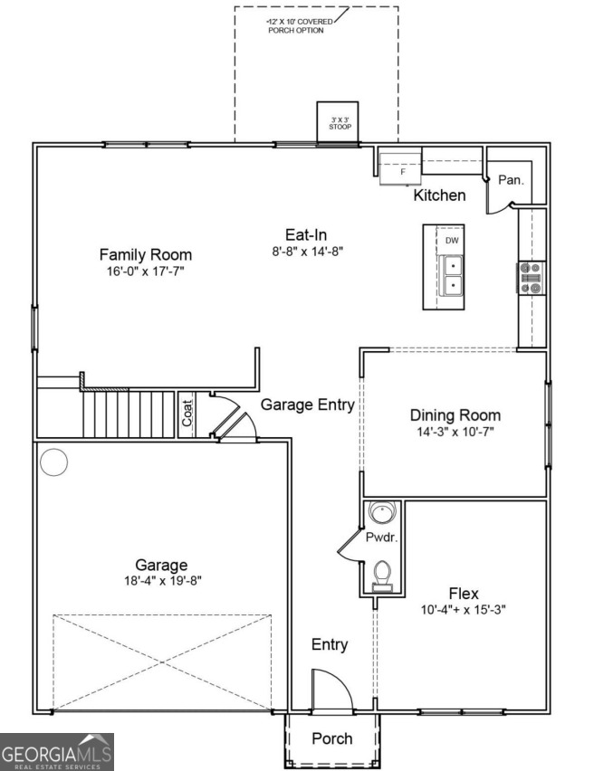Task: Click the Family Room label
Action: pyautogui.click(x=145, y=254)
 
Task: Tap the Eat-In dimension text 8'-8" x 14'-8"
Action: pyautogui.click(x=307, y=252)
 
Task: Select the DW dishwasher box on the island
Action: pyautogui.click(x=451, y=241)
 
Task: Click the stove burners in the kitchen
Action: pyautogui.click(x=531, y=278)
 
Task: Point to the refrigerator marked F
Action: pyautogui.click(x=400, y=168)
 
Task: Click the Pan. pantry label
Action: pyautogui.click(x=511, y=180)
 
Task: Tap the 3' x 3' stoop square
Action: pyautogui.click(x=338, y=123)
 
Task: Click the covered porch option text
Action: pyautogui.click(x=299, y=26)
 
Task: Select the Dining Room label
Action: pyautogui.click(x=455, y=415)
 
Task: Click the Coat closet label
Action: pyautogui.click(x=187, y=413)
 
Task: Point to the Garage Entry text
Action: pyautogui.click(x=308, y=405)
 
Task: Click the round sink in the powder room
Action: pyautogui.click(x=381, y=513)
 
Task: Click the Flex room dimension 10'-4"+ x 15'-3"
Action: pyautogui.click(x=463, y=610)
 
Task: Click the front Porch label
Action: pyautogui.click(x=332, y=738)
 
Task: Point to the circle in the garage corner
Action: pyautogui.click(x=53, y=462)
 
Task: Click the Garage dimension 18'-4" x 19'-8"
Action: pyautogui.click(x=163, y=581)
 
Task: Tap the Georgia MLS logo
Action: pyautogui.click(x=57, y=752)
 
